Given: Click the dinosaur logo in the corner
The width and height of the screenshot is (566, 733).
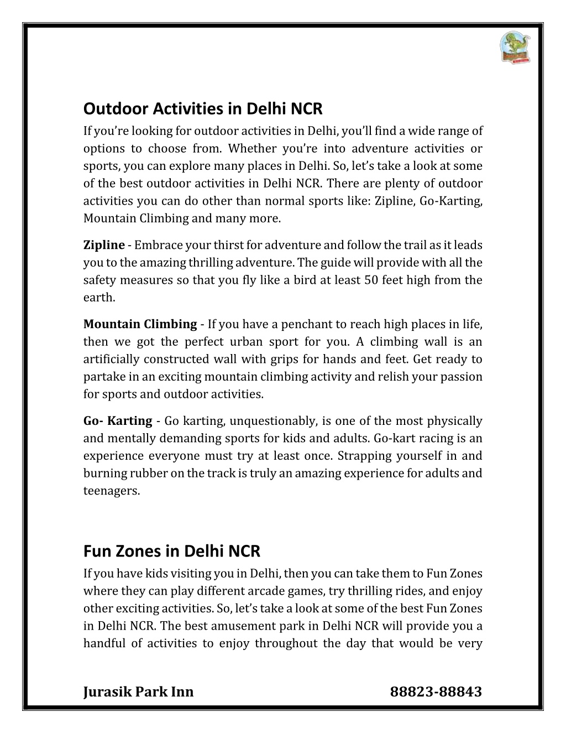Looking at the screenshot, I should (515, 47).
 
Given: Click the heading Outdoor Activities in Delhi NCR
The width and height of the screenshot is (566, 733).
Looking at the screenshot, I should (202, 108).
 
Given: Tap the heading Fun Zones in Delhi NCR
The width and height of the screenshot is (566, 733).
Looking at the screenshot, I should (171, 551).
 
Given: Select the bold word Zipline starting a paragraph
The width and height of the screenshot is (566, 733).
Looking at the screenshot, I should (104, 245).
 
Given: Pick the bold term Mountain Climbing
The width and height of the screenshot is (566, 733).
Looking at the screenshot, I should (140, 324).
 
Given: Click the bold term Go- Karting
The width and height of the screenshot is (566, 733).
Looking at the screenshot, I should (118, 421).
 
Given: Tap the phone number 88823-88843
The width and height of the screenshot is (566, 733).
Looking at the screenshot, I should (436, 692).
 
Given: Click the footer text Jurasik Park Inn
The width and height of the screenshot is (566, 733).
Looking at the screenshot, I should (138, 692).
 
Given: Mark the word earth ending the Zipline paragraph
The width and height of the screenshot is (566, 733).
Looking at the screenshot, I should (98, 298).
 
